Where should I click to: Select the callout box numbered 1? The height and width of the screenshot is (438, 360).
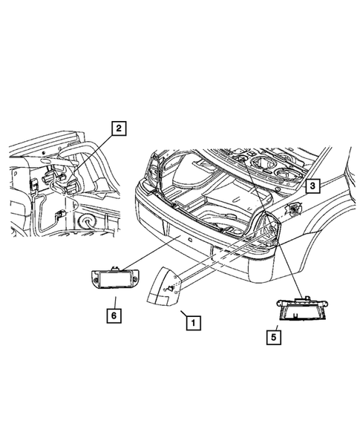(192, 324)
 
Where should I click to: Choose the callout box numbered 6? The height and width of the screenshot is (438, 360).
(115, 316)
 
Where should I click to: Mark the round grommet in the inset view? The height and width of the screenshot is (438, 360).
(87, 222)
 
